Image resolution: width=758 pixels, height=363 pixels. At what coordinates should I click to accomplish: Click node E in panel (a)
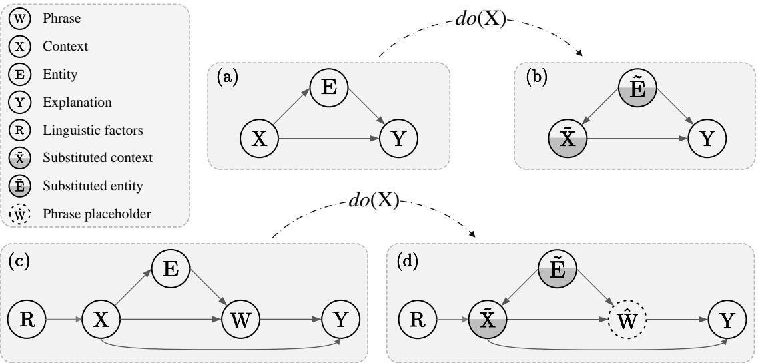329,89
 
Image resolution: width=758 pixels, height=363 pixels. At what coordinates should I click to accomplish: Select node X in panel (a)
259,139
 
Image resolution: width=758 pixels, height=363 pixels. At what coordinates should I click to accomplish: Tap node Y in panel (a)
398,139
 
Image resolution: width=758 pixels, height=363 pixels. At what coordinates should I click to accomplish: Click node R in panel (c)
27,320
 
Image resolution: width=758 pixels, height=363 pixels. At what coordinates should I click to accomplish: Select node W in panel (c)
240,320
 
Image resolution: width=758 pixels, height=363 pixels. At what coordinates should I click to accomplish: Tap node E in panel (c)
171,270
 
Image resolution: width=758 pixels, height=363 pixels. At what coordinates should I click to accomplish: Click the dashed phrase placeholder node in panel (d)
627,320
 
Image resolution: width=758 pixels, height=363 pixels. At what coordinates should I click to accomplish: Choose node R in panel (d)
416,320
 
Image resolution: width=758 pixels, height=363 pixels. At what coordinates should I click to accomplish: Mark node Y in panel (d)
727,320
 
